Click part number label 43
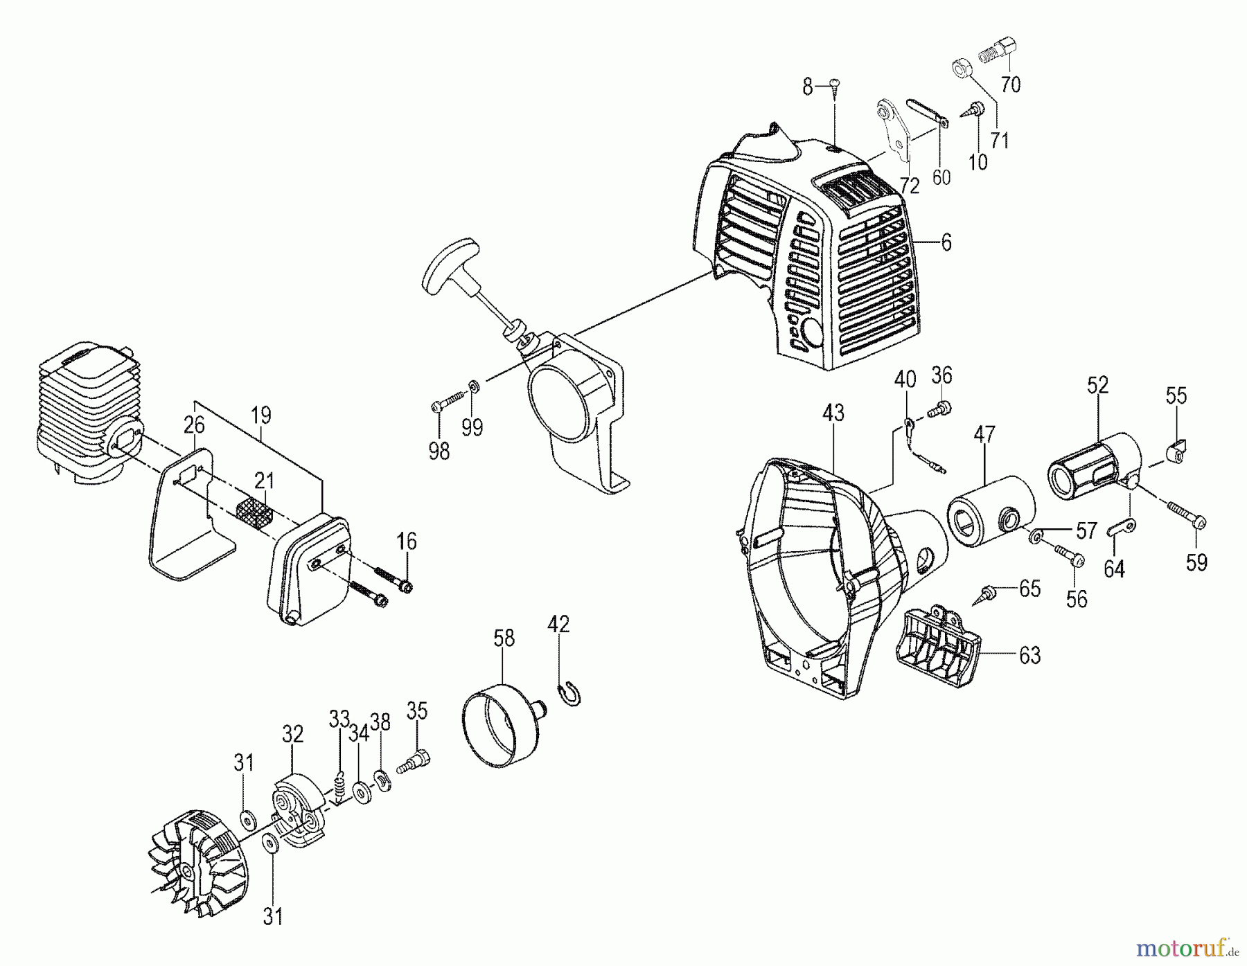(833, 413)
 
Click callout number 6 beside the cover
(946, 243)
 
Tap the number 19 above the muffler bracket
(261, 415)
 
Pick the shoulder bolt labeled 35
(416, 764)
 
